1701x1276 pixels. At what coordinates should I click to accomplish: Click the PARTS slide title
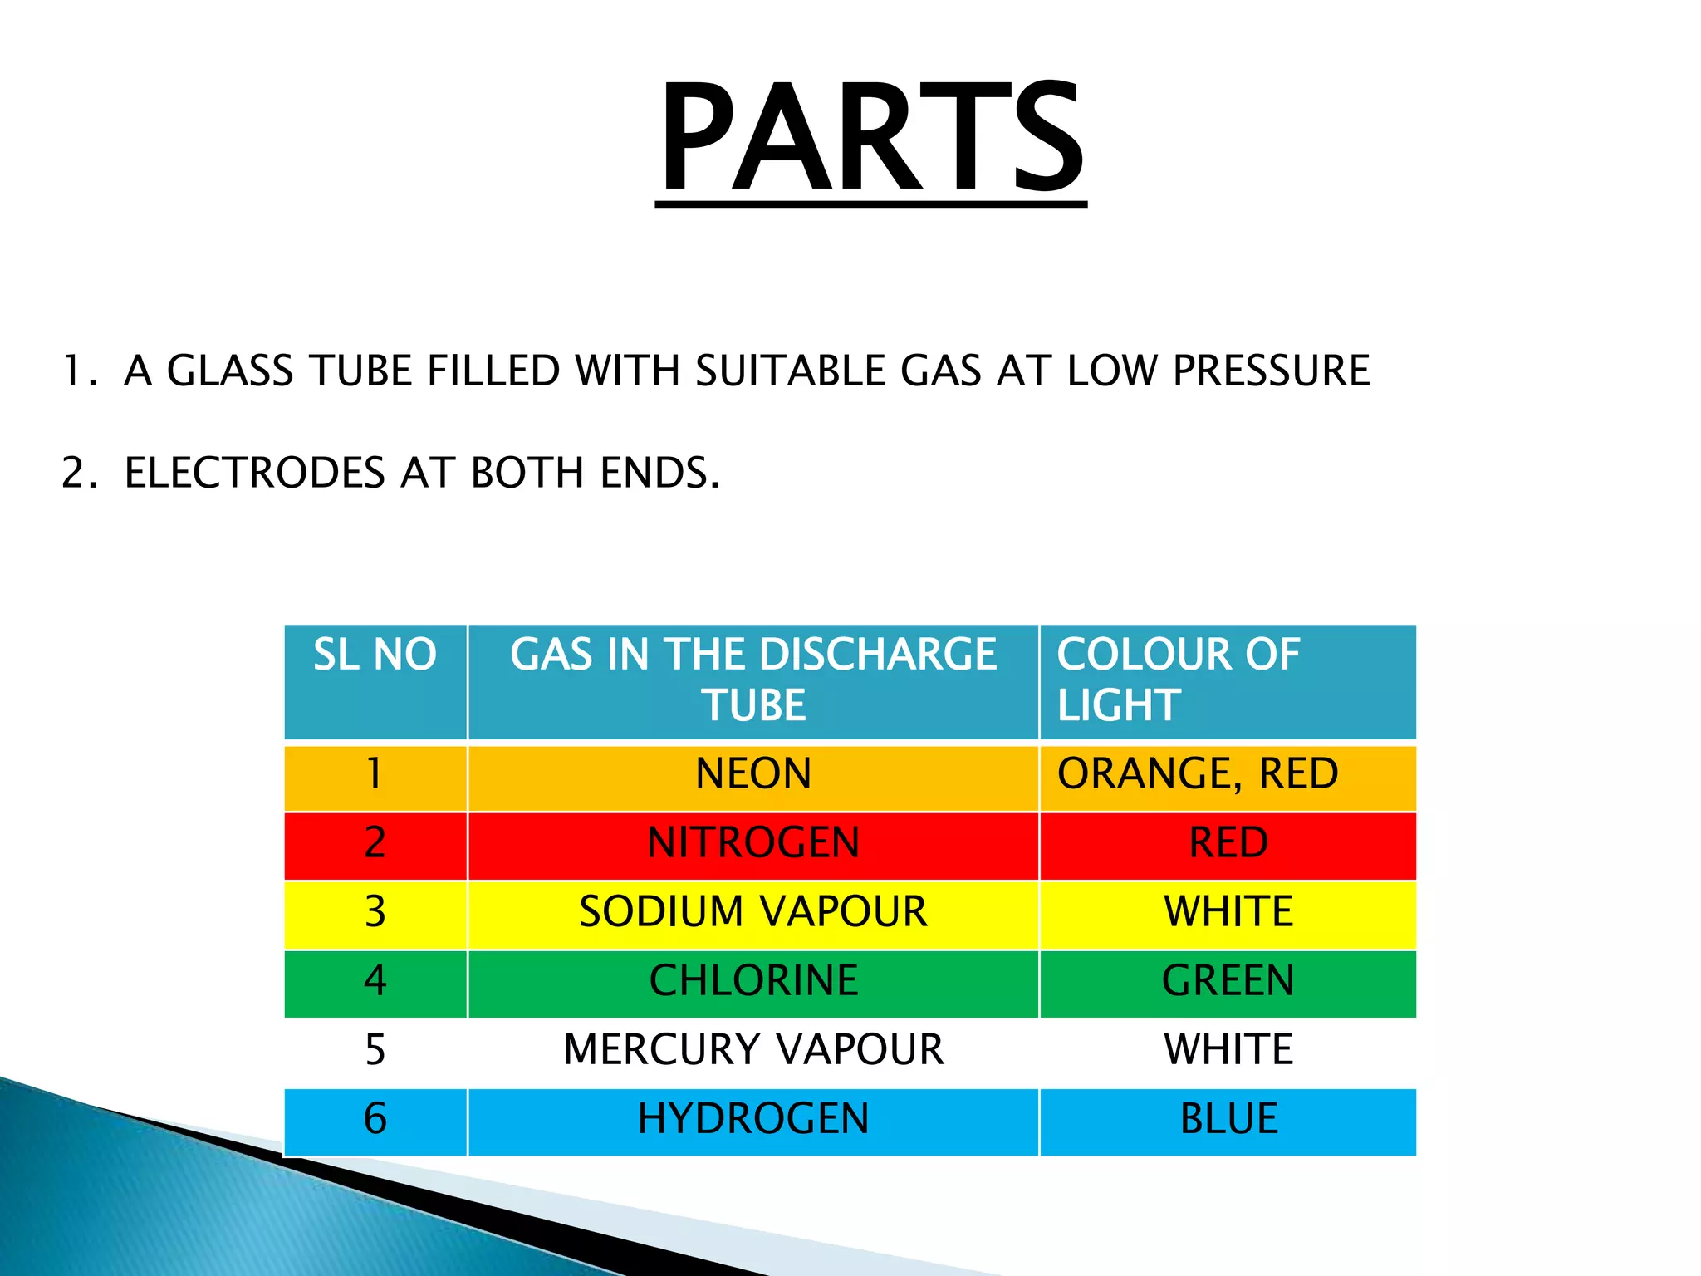click(x=871, y=137)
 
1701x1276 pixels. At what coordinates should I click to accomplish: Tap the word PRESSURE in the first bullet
click(x=1271, y=371)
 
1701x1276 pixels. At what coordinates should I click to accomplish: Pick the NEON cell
click(x=753, y=773)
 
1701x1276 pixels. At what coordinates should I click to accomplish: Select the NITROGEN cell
click(x=753, y=842)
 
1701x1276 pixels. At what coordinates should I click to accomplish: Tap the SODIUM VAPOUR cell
click(x=753, y=911)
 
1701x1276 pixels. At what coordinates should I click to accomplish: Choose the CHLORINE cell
click(x=753, y=980)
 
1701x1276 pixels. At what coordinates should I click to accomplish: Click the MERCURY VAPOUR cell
click(x=753, y=1049)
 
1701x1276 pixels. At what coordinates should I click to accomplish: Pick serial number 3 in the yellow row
click(x=375, y=911)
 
